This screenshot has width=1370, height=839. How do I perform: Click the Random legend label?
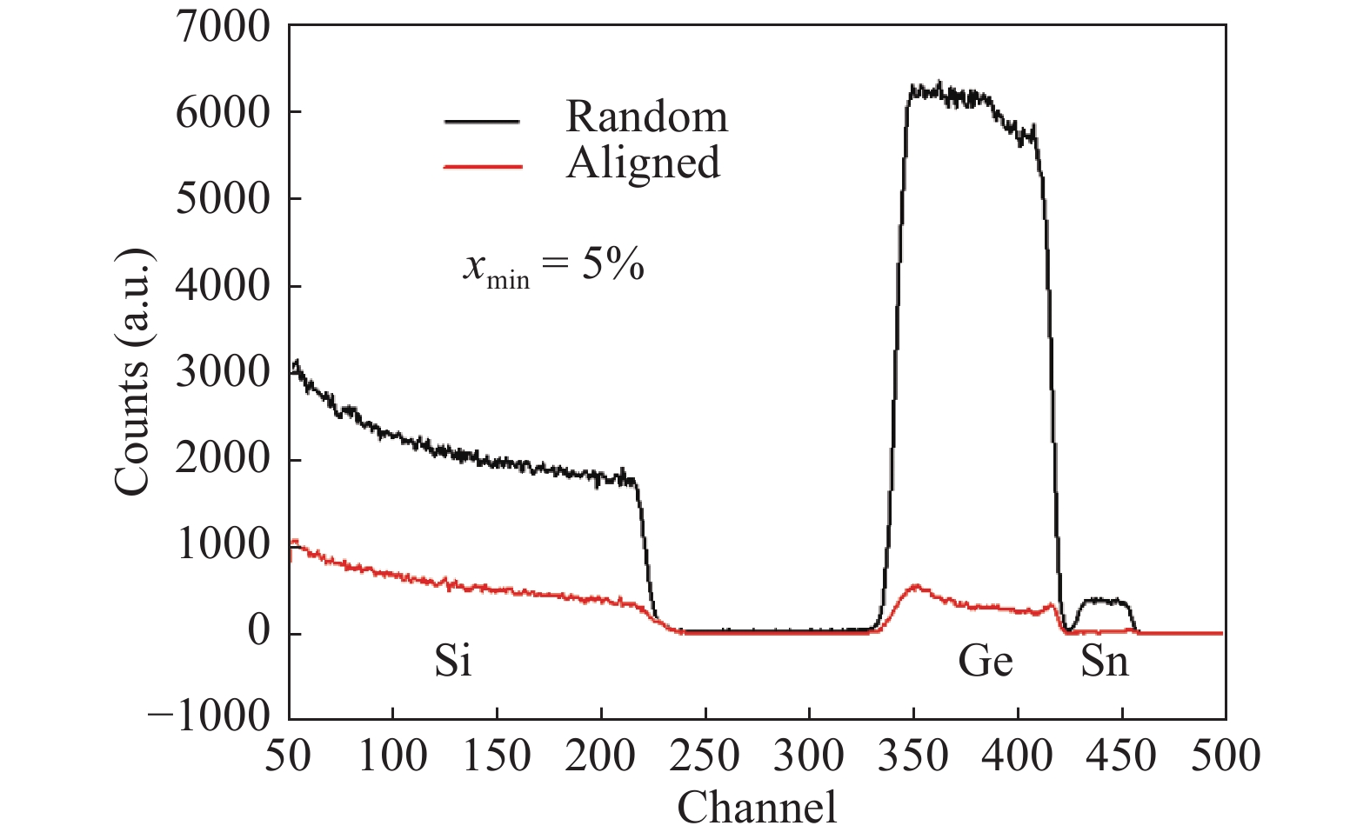coord(646,117)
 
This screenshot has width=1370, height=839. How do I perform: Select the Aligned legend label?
coord(643,163)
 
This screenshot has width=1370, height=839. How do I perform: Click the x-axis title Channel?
coord(757,807)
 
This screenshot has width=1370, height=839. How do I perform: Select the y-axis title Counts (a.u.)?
coord(133,372)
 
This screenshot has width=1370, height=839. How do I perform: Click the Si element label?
coord(453,662)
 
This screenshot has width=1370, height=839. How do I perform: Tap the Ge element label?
coord(985,662)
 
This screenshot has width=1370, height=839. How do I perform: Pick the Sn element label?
coord(1105,662)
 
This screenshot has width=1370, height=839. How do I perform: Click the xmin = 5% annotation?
coord(553,266)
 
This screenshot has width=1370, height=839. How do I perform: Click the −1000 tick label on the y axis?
coord(209,718)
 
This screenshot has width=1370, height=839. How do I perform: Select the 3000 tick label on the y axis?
coord(223,372)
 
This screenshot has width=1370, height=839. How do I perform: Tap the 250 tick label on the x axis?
coord(705,756)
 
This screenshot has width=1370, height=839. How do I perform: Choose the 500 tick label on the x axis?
coord(1225,756)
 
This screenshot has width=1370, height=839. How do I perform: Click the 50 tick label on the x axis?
coord(288,756)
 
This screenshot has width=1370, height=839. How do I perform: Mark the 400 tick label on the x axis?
coord(1017,756)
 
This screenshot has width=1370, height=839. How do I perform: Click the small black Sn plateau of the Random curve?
coord(1103,600)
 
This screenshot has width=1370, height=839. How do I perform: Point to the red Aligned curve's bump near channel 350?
coord(915,589)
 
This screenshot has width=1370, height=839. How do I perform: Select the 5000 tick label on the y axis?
coord(223,199)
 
